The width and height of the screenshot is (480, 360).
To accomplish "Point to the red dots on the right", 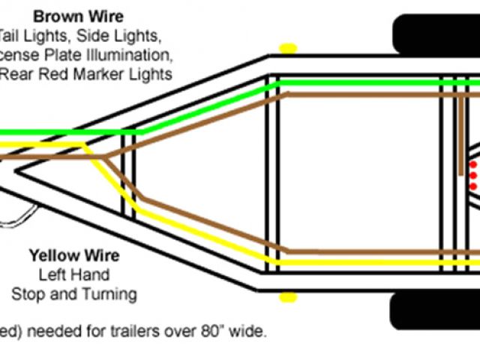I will tap(472, 174).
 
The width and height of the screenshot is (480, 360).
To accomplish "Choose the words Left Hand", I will tap(73, 274).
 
